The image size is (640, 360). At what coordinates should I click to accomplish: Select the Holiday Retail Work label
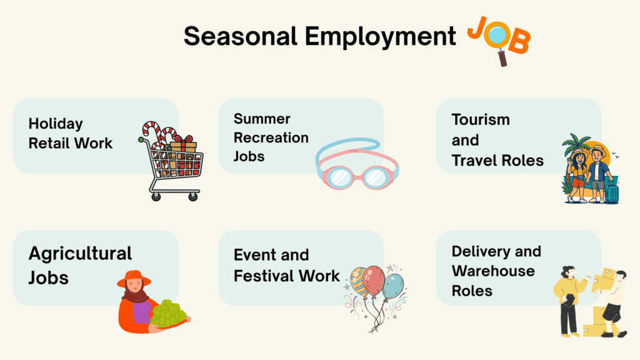point(71,134)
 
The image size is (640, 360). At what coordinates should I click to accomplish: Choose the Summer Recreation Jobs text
point(271,137)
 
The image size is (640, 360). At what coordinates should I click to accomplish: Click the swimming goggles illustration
point(357,168)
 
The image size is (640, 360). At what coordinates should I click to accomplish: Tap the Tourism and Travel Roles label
point(497,140)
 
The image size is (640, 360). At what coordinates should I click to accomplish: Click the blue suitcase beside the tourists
point(611,191)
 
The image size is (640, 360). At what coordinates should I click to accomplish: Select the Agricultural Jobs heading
point(80,265)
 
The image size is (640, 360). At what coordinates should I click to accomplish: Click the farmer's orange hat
point(134,277)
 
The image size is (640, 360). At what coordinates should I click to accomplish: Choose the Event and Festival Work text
point(286,265)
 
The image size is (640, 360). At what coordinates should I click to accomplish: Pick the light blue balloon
point(393,286)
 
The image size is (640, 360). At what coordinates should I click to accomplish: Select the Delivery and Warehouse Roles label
point(496,271)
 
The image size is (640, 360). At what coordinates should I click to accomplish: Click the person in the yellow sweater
point(569,294)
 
